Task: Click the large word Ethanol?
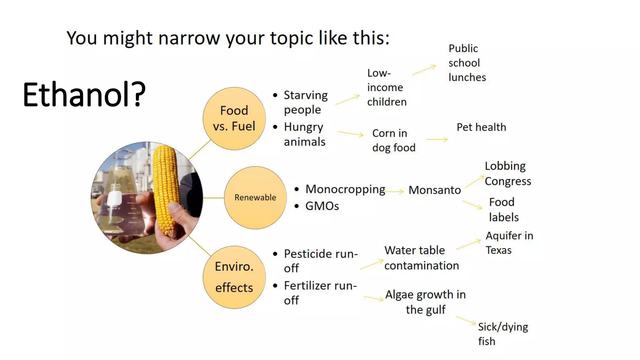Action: point(84,94)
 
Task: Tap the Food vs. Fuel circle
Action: point(234,118)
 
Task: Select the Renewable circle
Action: point(255,197)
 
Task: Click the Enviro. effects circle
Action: point(234,277)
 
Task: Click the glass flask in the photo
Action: point(122,194)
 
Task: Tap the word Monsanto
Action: point(435,190)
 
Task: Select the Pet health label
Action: point(481,127)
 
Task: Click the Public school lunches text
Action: point(467,63)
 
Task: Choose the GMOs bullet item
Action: point(322,206)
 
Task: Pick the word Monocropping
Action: point(345,189)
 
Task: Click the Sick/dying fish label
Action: point(502,334)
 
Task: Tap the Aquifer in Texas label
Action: point(509,243)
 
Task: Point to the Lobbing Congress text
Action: point(507,173)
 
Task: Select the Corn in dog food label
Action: point(393,140)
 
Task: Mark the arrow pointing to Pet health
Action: point(437,139)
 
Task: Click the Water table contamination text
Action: point(421,258)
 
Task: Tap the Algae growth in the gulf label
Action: point(425,302)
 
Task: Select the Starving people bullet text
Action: point(305,102)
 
